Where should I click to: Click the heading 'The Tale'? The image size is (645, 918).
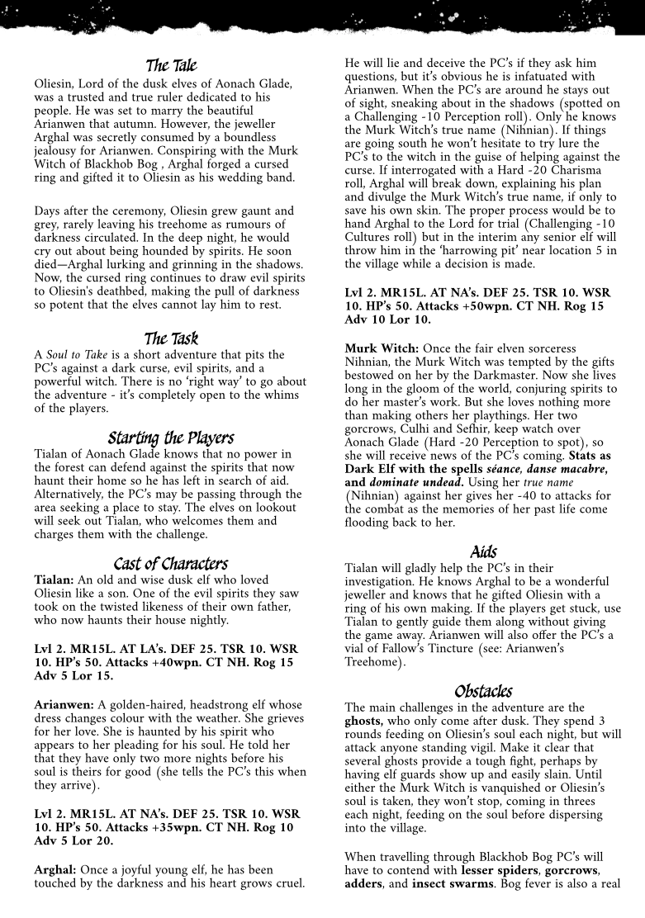pos(171,64)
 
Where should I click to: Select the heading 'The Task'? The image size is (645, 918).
pos(171,338)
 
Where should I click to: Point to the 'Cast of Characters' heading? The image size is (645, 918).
pos(171,564)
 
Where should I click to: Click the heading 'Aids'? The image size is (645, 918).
pos(483,551)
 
